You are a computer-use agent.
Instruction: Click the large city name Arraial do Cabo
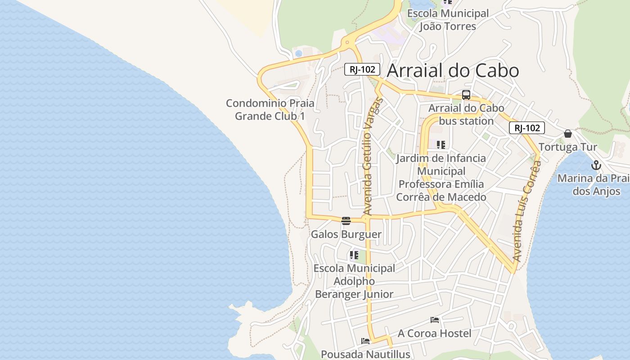pos(453,71)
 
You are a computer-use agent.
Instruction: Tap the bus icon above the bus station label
pos(466,95)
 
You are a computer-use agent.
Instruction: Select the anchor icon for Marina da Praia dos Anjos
pos(596,165)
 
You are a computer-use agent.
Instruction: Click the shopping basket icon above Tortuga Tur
pos(568,134)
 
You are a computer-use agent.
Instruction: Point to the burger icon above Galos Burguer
pos(346,220)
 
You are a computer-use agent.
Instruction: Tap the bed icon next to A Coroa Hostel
pos(435,320)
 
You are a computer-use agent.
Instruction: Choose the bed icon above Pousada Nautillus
pos(365,341)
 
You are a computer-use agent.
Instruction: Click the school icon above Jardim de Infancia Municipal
pos(441,145)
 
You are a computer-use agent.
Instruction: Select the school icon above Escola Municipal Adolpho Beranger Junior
pos(354,255)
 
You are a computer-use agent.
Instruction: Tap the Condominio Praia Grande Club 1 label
pos(270,109)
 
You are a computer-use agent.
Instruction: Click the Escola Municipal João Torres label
pos(448,20)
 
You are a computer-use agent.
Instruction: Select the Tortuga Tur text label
pos(568,147)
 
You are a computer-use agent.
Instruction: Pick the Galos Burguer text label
pos(346,234)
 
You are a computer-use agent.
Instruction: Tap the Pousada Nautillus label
pos(365,354)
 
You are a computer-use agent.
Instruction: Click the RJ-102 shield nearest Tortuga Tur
pos(527,128)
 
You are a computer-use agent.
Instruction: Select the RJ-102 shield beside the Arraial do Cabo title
pos(362,70)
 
